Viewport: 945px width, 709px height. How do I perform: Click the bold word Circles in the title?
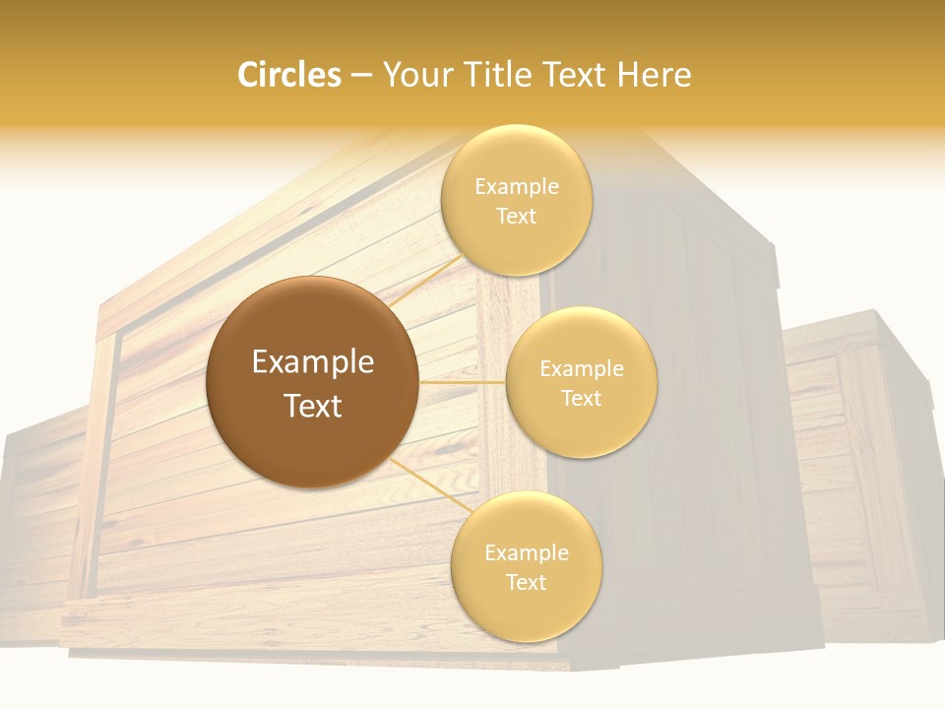289,75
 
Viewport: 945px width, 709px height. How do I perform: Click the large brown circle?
312,382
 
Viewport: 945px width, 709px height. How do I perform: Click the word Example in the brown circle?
313,362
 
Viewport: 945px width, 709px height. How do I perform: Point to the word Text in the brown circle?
313,406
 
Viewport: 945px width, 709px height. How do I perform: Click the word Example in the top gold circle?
517,186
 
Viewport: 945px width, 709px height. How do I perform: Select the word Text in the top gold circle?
517,216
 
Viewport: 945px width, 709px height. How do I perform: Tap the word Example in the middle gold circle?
582,369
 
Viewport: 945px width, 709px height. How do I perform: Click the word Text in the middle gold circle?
582,398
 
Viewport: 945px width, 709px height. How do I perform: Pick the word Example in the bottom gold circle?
527,552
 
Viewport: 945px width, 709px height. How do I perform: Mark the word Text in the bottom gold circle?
527,582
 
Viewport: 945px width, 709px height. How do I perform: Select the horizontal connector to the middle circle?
463,382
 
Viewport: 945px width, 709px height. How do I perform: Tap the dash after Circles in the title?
361,75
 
